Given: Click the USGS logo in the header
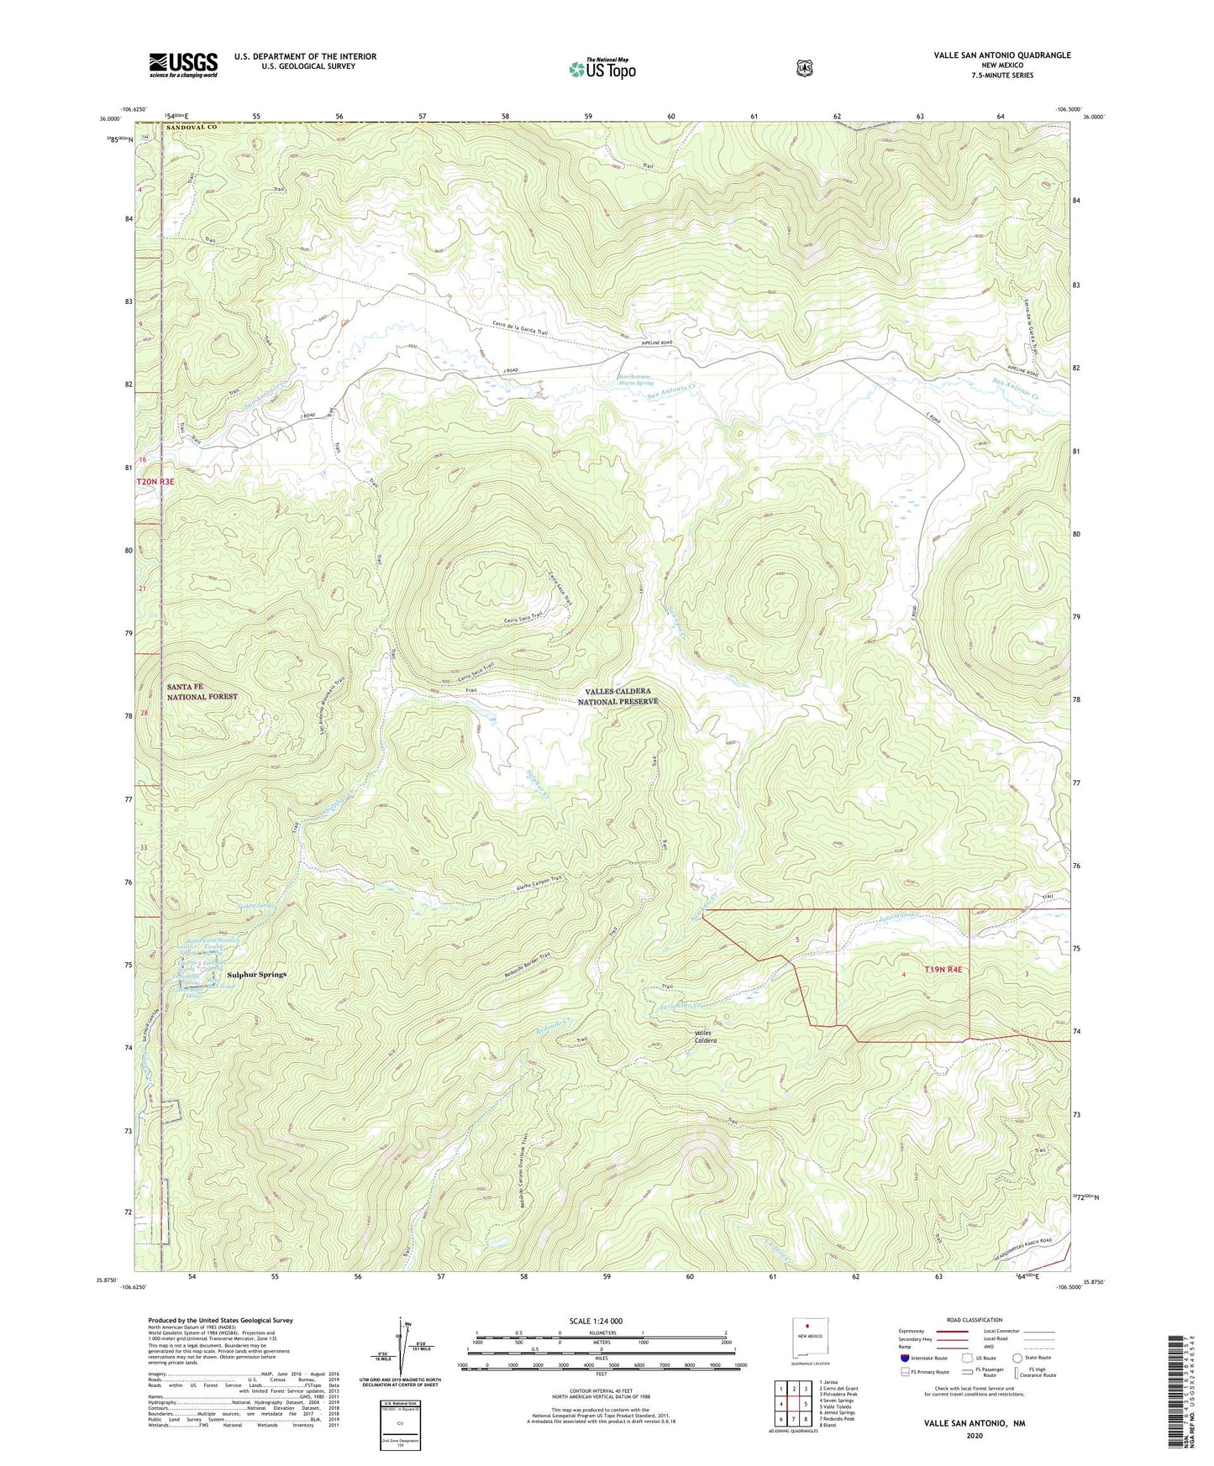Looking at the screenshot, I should (x=183, y=65).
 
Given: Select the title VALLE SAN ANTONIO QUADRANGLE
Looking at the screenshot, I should (x=1001, y=55).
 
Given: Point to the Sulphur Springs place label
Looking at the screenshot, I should (x=257, y=975).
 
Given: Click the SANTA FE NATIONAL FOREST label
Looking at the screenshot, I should (x=202, y=691).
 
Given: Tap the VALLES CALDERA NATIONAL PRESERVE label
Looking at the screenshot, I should (x=618, y=696).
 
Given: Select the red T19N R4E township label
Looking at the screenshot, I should (x=943, y=969).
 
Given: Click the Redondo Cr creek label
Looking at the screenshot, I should (x=553, y=1026).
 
